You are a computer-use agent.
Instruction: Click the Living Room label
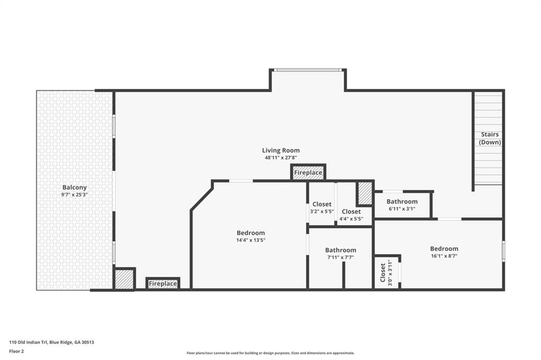click(281, 150)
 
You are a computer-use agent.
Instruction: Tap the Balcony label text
click(74, 187)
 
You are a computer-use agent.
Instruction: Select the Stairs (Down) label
click(490, 139)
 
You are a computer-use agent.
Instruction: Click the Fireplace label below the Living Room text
click(308, 173)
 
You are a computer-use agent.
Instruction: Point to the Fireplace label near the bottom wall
click(163, 284)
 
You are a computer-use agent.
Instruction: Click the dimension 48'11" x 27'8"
click(281, 158)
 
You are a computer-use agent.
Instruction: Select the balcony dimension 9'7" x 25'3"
click(74, 195)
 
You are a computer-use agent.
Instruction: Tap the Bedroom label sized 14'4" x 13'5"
click(250, 233)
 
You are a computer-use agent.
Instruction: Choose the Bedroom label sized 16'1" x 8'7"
click(444, 248)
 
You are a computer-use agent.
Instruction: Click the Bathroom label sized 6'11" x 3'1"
click(402, 201)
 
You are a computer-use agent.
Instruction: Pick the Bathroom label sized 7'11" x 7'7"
click(340, 250)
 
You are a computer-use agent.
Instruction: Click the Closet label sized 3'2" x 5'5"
click(322, 204)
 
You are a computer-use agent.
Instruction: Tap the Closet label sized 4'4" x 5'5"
click(351, 211)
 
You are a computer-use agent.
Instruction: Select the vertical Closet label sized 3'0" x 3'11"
click(383, 273)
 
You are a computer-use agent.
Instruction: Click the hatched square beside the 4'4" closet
click(365, 193)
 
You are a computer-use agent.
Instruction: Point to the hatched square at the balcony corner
click(125, 279)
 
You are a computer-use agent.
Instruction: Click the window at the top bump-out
click(307, 70)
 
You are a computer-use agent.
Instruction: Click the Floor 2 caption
click(17, 351)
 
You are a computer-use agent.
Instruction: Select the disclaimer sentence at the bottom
click(270, 353)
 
